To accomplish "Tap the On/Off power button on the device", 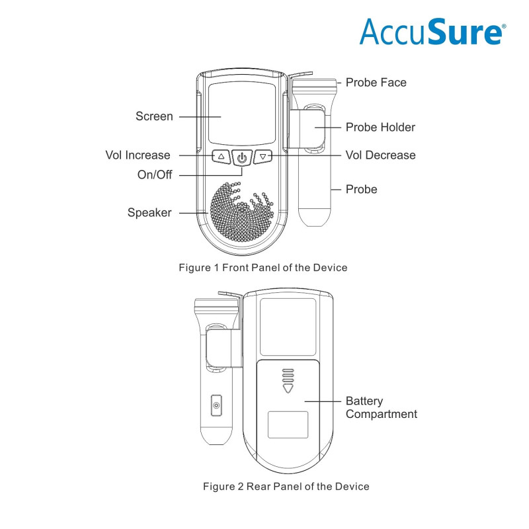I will tap(243, 157).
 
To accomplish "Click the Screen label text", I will tap(154, 116).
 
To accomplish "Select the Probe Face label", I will tap(376, 83).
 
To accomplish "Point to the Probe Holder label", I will tap(380, 127).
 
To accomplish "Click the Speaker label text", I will tap(149, 212).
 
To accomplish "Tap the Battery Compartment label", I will tap(382, 407).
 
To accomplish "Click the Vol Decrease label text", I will tap(380, 155).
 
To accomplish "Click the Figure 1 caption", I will tap(263, 268).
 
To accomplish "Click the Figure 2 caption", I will tap(286, 486).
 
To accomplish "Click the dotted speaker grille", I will tap(243, 213).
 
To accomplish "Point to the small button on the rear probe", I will tap(216, 405).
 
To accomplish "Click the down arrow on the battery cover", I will tap(286, 389).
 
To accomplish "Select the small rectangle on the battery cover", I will tap(288, 424).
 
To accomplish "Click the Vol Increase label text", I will tap(138, 155).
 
